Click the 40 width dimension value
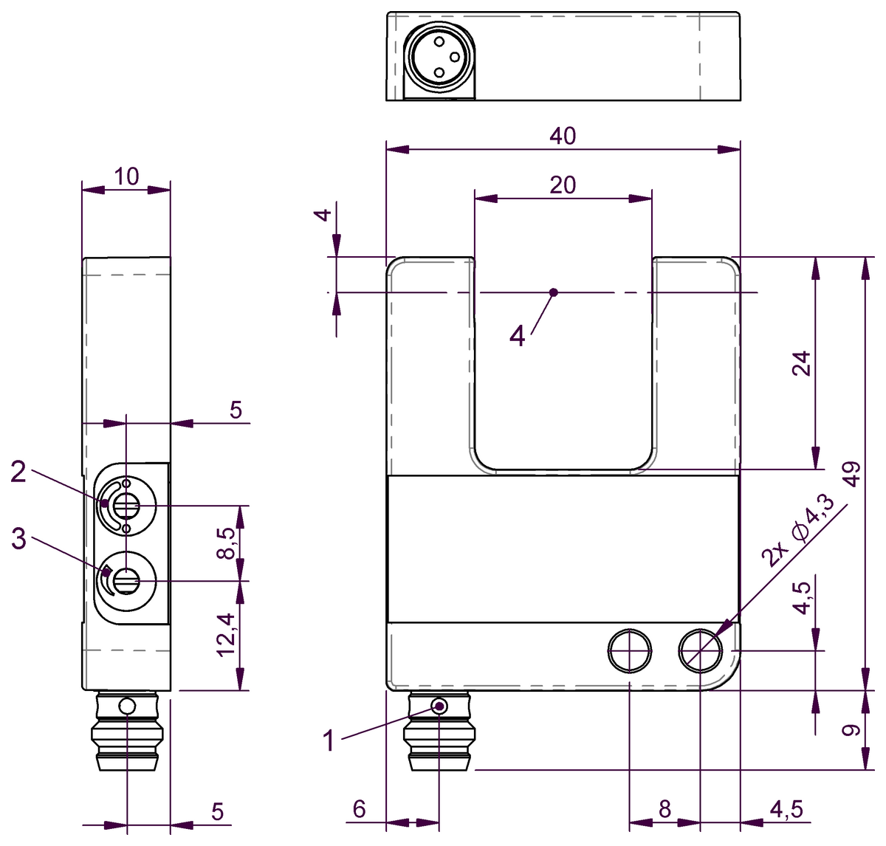point(563,136)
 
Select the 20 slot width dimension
point(563,185)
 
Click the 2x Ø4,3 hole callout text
point(799,532)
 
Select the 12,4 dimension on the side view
point(226,635)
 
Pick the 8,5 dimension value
point(226,543)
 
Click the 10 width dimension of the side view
point(126,176)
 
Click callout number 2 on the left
point(18,472)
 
